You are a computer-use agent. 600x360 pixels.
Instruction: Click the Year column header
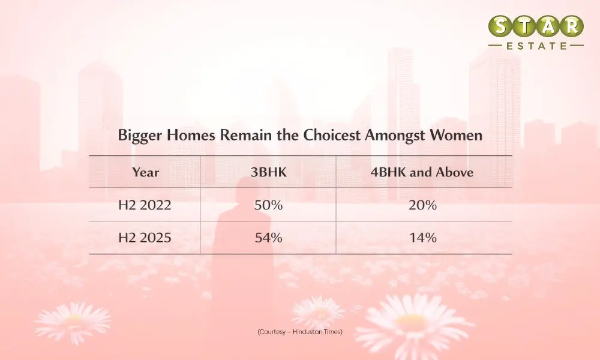pos(145,173)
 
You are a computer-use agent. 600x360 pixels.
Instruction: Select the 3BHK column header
pos(269,172)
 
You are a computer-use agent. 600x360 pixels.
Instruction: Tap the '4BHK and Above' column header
pos(422,172)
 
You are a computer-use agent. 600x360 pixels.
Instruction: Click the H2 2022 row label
pos(145,205)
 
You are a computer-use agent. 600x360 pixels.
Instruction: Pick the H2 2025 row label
pos(145,238)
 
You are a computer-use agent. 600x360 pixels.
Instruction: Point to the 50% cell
pos(269,205)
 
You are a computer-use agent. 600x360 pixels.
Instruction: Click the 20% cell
pos(422,205)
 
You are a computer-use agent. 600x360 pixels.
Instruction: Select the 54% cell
pos(269,238)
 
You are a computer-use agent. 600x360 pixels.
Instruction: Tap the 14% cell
pos(423,238)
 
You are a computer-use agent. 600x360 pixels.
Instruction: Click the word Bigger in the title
pos(140,136)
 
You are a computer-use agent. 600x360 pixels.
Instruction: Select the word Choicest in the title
pos(332,135)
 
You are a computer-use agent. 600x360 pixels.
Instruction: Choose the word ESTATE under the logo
pos(536,46)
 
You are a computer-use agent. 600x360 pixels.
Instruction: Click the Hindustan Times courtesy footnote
pos(300,332)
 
